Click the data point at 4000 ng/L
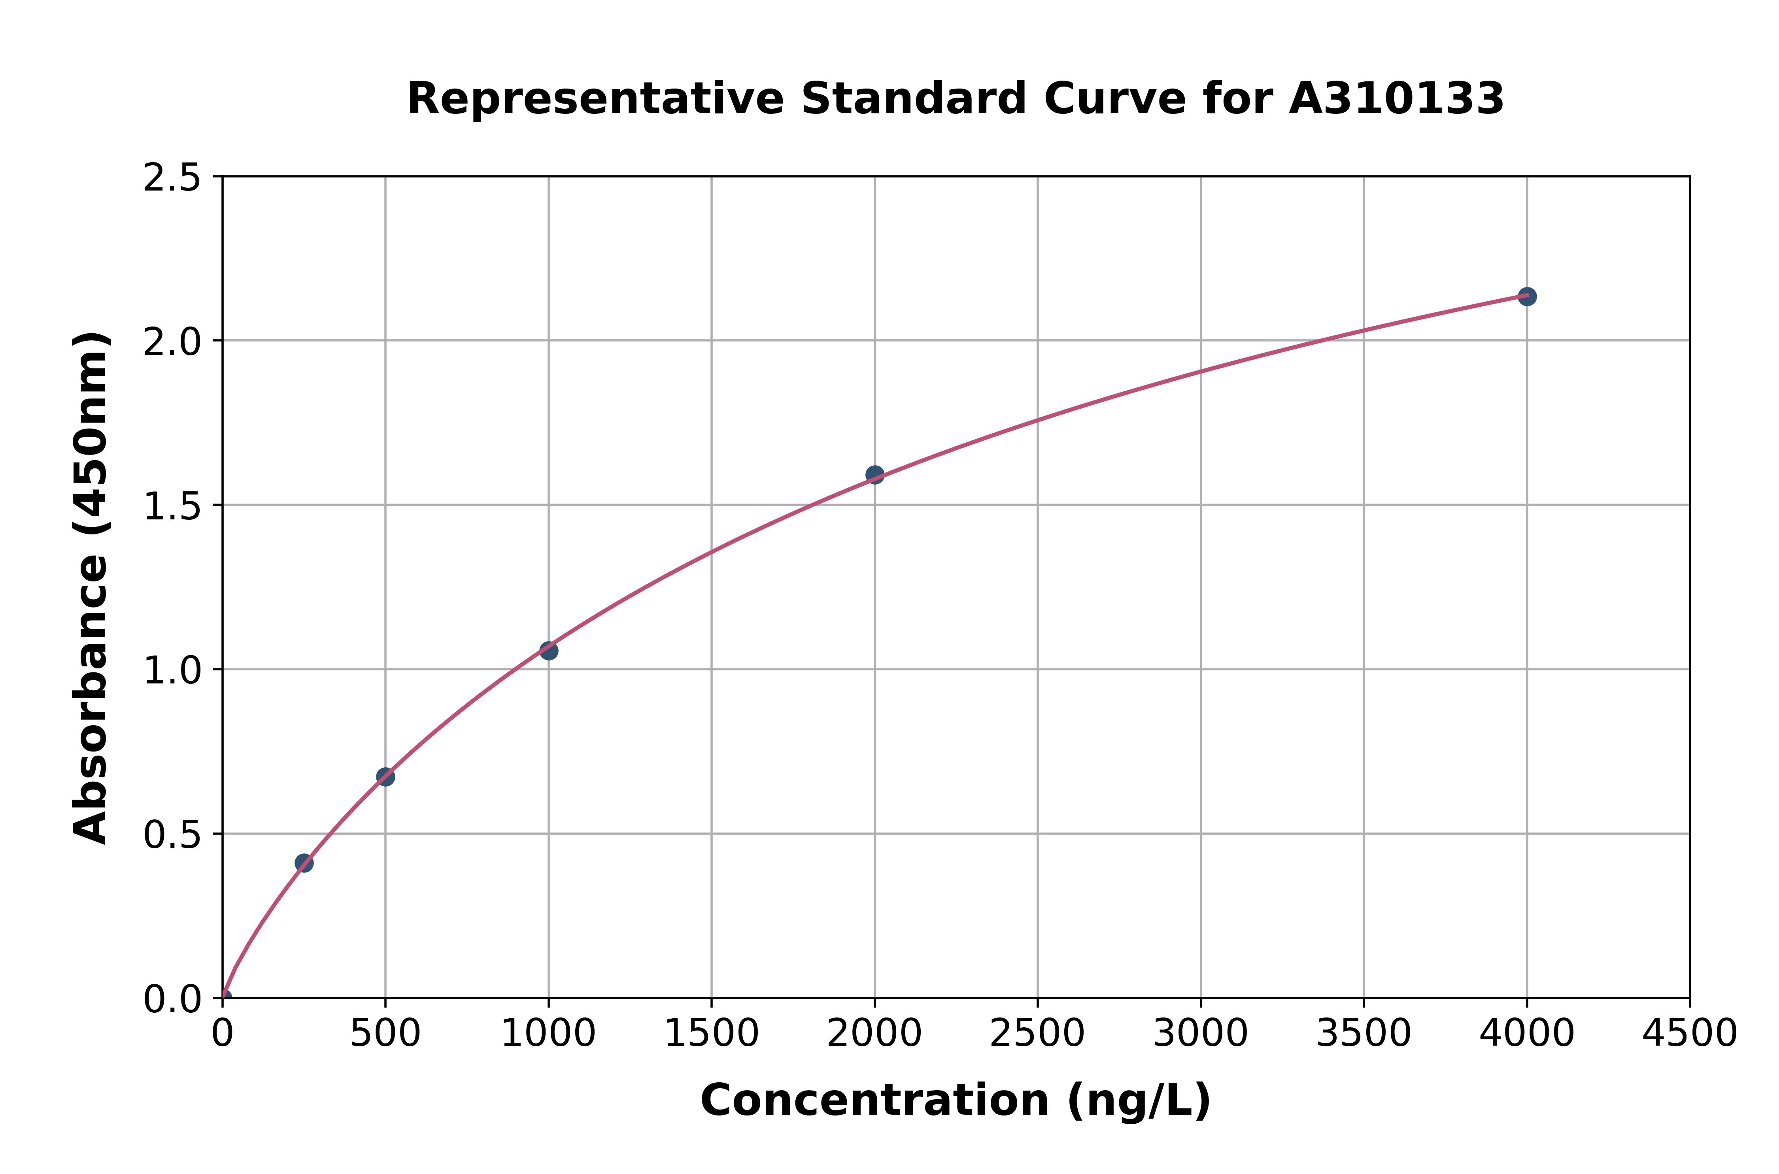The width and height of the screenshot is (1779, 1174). pyautogui.click(x=1527, y=296)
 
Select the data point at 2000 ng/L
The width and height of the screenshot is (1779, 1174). pyautogui.click(x=874, y=475)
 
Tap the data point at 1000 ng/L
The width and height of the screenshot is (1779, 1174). pyautogui.click(x=549, y=651)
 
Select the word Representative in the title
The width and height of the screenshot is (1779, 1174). pyautogui.click(x=595, y=99)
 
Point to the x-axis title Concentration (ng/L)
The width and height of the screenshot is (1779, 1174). pyautogui.click(x=956, y=1100)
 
